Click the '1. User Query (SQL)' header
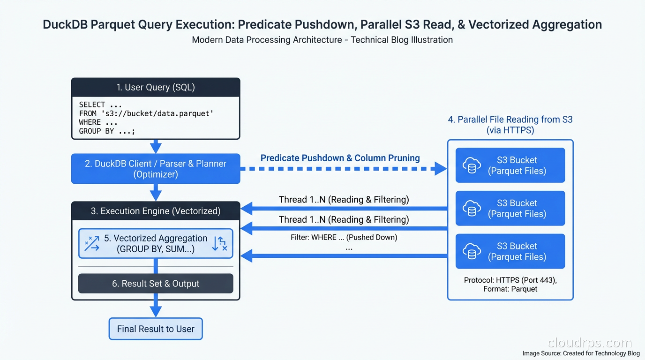click(x=155, y=88)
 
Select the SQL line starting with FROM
click(x=146, y=113)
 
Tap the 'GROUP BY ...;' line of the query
click(x=107, y=131)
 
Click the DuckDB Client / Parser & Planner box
click(x=155, y=169)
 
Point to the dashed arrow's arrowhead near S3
click(x=440, y=169)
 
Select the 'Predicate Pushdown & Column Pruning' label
click(x=340, y=158)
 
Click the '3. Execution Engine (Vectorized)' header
click(x=155, y=211)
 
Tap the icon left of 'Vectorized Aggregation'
click(x=92, y=244)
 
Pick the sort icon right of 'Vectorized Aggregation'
click(x=219, y=244)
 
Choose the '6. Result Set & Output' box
click(x=155, y=284)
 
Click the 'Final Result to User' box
click(x=155, y=329)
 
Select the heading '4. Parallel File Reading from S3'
click(x=510, y=120)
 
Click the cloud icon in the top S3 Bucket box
click(x=472, y=165)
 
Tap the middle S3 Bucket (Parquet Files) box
click(x=510, y=209)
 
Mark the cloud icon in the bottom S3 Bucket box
click(x=472, y=252)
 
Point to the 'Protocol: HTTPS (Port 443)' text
click(x=510, y=280)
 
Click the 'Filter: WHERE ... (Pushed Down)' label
click(x=344, y=237)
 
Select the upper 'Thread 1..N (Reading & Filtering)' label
click(x=344, y=200)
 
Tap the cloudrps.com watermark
click(x=589, y=343)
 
